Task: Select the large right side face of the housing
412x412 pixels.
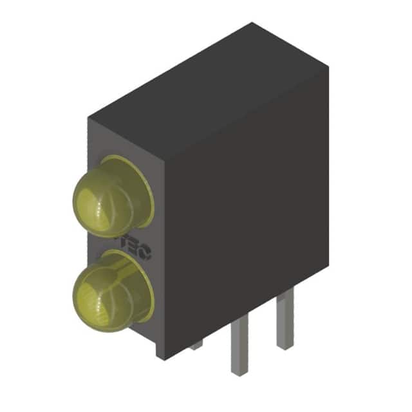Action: [x=245, y=219]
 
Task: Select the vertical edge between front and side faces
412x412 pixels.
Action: [x=165, y=257]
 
